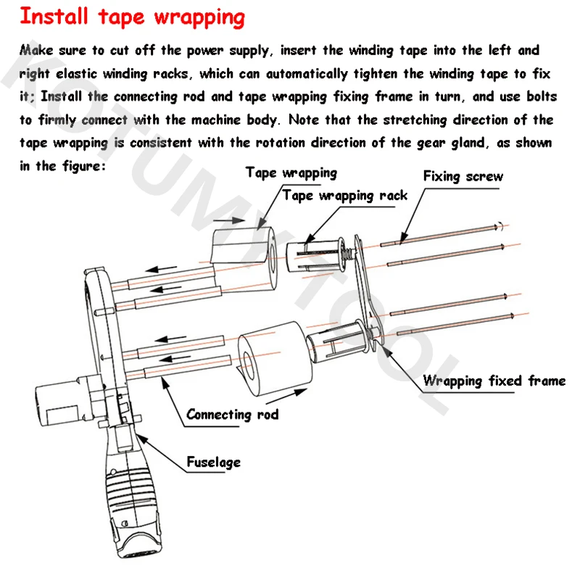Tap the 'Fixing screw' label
tap(463, 176)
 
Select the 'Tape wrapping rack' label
tap(345, 195)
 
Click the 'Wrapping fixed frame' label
tap(494, 381)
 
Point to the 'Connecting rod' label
tap(232, 415)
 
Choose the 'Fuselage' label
tap(213, 462)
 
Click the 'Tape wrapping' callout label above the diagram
tap(291, 173)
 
